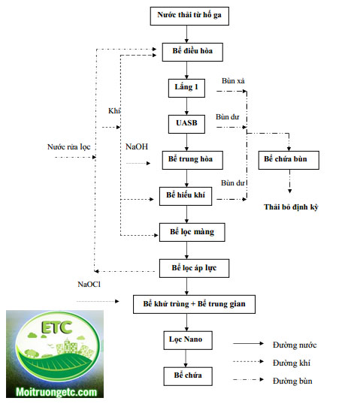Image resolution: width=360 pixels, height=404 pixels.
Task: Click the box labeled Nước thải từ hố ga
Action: pyautogui.click(x=189, y=16)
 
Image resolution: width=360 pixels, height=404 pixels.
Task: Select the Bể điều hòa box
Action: pyautogui.click(x=192, y=52)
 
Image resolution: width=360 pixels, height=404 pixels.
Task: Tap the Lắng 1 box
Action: pyautogui.click(x=186, y=88)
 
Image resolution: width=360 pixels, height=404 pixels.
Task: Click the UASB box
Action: pyautogui.click(x=186, y=124)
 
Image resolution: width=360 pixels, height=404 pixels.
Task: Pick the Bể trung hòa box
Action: pyautogui.click(x=192, y=160)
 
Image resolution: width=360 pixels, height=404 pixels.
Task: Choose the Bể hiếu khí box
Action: pyautogui.click(x=186, y=196)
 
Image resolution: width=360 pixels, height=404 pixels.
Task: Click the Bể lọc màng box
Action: pyautogui.click(x=192, y=232)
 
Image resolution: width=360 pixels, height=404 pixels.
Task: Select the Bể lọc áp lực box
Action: pyautogui.click(x=194, y=269)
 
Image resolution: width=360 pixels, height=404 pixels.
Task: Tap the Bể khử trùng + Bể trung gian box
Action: pyautogui.click(x=194, y=304)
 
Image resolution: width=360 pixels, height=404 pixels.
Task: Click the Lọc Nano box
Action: pyautogui.click(x=188, y=340)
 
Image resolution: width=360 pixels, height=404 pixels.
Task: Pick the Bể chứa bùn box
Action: pyautogui.click(x=289, y=160)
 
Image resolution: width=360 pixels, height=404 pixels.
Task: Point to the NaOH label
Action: pyautogui.click(x=137, y=147)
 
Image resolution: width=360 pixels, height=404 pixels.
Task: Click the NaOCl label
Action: pyautogui.click(x=89, y=285)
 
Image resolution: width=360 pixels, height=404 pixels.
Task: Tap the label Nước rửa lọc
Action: pyautogui.click(x=69, y=147)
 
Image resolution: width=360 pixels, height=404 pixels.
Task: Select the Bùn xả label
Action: pyautogui.click(x=233, y=81)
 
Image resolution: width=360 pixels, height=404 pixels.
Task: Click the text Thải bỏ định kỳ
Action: pyautogui.click(x=291, y=207)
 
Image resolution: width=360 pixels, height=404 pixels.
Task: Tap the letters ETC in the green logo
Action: pyautogui.click(x=56, y=327)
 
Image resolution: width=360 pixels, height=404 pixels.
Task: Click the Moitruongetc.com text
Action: pyautogui.click(x=56, y=392)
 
